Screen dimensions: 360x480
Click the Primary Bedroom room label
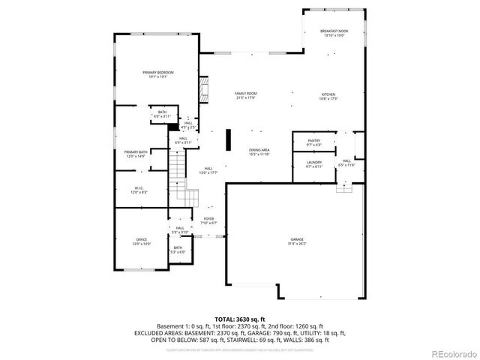(153, 72)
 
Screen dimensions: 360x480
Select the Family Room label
(246, 94)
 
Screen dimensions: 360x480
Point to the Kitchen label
(329, 94)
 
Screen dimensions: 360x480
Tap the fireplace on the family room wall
(202, 89)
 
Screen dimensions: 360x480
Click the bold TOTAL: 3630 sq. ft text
(239, 319)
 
